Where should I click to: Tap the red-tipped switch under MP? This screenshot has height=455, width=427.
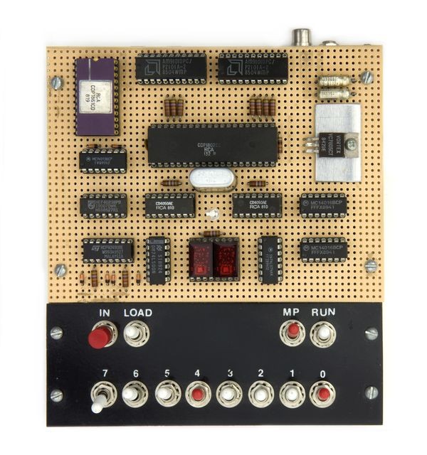(292, 332)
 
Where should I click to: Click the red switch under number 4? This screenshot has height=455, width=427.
(197, 393)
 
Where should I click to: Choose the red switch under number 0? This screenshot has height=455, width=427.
(322, 393)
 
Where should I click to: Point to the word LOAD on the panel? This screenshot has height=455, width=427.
(137, 312)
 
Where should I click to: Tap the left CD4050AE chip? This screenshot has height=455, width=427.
(170, 205)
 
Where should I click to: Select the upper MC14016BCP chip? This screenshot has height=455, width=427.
(323, 205)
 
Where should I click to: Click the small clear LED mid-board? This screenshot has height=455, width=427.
(211, 214)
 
